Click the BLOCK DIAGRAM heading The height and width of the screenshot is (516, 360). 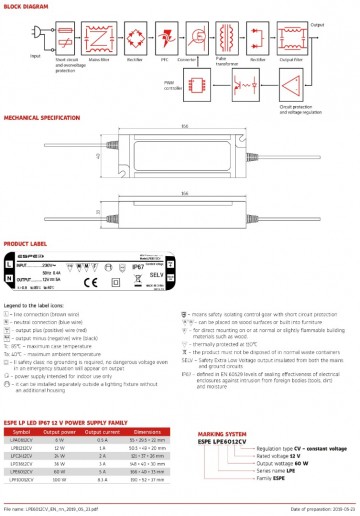click(30, 6)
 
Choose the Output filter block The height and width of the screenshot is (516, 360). click(321, 32)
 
